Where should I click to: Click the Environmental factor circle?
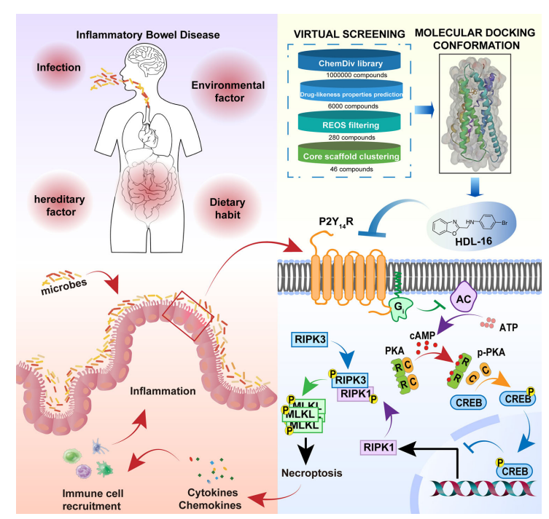tap(227, 92)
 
